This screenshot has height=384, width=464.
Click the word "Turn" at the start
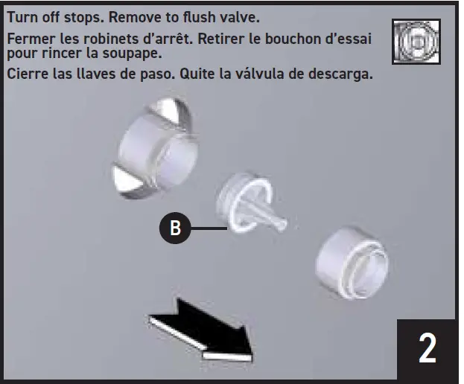tap(21, 16)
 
